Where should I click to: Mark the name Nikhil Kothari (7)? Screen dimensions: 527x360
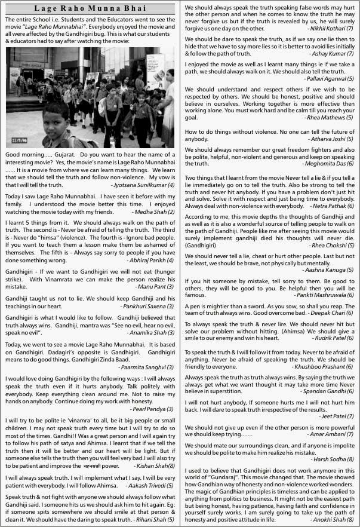[x=331, y=28]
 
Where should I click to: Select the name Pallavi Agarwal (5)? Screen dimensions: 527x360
[x=329, y=78]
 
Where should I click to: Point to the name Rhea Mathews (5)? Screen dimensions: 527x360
[x=330, y=118]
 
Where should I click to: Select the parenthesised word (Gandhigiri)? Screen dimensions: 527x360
[x=204, y=245]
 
